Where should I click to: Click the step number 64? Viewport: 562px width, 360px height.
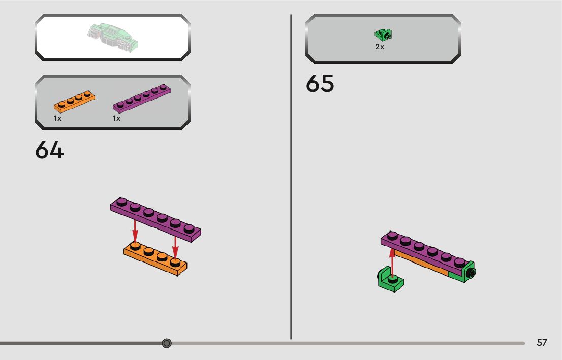(49, 150)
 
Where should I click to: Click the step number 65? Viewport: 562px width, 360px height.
(320, 84)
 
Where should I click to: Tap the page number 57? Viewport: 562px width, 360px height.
(542, 343)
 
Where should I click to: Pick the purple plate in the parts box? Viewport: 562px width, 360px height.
(141, 98)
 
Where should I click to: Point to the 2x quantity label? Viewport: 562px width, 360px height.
(380, 47)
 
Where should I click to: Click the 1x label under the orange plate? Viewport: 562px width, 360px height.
(57, 118)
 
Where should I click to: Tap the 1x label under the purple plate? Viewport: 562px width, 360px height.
(116, 118)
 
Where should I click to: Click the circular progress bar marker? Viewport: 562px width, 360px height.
(166, 343)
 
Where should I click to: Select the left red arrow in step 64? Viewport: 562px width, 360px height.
(135, 230)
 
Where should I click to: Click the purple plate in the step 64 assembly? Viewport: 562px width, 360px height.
(155, 217)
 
